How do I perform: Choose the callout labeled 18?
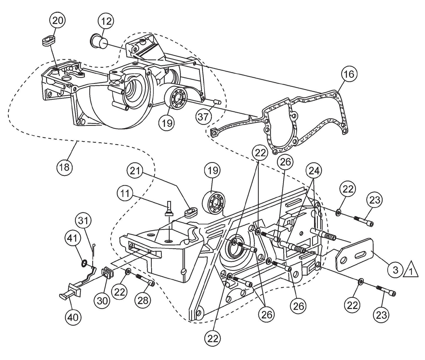click(64, 167)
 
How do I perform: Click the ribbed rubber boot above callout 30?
click(107, 273)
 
